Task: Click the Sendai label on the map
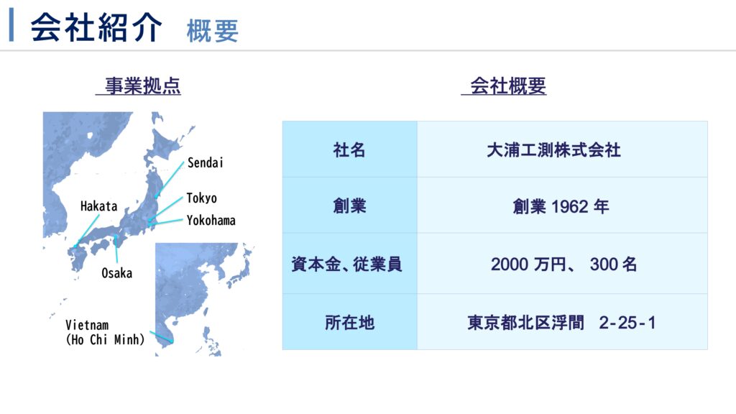coord(205,162)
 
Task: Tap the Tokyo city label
coord(201,198)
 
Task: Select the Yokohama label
coord(211,220)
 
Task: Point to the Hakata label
coord(98,206)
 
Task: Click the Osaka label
coord(117,272)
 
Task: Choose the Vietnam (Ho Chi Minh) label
coord(105,332)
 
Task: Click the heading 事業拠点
coord(143,86)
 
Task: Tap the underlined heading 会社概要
coord(508,86)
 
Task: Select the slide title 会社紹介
coord(96,27)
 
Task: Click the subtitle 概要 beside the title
coord(213,31)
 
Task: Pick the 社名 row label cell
coord(349,150)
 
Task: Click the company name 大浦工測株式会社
coord(554,150)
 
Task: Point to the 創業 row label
coord(349,206)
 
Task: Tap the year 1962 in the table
coord(569,206)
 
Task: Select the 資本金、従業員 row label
coord(347,264)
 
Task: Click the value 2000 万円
coord(528,264)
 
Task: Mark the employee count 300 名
coord(614,264)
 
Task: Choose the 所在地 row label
coord(350,323)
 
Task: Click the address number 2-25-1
coord(627,323)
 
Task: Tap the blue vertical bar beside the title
coord(11,25)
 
